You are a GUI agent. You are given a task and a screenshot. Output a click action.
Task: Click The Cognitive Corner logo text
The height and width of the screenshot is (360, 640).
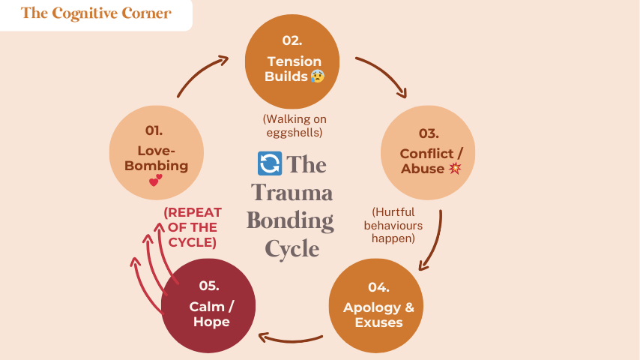pyautogui.click(x=96, y=13)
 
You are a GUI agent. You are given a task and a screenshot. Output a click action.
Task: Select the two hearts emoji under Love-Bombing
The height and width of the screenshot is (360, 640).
pyautogui.click(x=155, y=180)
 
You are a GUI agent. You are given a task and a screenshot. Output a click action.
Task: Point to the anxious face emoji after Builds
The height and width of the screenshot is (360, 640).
pyautogui.click(x=318, y=76)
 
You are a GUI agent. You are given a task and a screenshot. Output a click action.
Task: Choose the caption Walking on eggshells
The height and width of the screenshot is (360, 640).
pyautogui.click(x=295, y=126)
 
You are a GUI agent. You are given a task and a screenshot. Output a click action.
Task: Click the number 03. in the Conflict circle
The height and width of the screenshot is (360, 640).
pyautogui.click(x=429, y=134)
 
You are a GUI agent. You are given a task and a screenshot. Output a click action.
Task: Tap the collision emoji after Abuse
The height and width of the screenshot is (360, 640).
pyautogui.click(x=454, y=169)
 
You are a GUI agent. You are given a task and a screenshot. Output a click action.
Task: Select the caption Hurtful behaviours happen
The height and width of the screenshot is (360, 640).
pyautogui.click(x=393, y=225)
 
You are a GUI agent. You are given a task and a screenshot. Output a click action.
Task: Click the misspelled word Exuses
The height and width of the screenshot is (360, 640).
pyautogui.click(x=379, y=322)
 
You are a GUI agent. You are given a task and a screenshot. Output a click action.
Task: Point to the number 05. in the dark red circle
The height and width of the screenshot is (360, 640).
pyautogui.click(x=209, y=286)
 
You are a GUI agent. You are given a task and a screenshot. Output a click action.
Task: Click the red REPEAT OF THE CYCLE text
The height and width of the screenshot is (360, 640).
pyautogui.click(x=191, y=227)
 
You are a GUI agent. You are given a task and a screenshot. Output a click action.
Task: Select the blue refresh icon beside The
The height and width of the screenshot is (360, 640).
pyautogui.click(x=269, y=163)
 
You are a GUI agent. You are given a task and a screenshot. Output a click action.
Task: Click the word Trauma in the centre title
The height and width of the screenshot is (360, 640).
pyautogui.click(x=292, y=193)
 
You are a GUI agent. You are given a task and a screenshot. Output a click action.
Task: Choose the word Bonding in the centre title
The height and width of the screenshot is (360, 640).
pyautogui.click(x=291, y=220)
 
